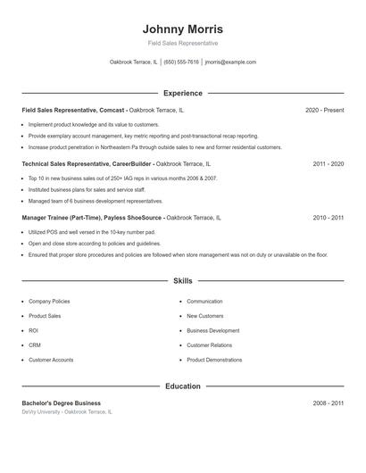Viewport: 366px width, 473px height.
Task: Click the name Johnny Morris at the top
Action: [182, 29]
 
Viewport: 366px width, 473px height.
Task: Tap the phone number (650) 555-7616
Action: [181, 62]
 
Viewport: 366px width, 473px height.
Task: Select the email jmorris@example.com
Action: [230, 62]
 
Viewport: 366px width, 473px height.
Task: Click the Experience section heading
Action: [182, 93]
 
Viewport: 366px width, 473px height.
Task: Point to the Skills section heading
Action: [182, 281]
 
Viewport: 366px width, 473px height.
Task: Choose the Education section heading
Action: [182, 386]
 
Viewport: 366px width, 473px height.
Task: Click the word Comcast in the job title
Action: [112, 110]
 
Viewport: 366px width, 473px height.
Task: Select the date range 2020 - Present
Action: [324, 110]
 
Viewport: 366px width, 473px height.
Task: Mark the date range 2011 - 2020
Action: [328, 164]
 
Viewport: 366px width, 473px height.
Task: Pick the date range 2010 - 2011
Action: [328, 218]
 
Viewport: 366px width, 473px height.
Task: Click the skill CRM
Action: [34, 344]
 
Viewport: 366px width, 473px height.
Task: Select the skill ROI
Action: [33, 330]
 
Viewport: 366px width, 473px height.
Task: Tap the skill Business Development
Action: [212, 330]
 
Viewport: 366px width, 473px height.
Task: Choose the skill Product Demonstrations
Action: [214, 360]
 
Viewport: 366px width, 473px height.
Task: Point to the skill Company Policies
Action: [49, 302]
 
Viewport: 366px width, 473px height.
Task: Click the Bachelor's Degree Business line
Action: [62, 403]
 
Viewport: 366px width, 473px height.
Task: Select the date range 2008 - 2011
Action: [328, 403]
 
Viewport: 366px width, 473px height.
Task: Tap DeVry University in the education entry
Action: [40, 412]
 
